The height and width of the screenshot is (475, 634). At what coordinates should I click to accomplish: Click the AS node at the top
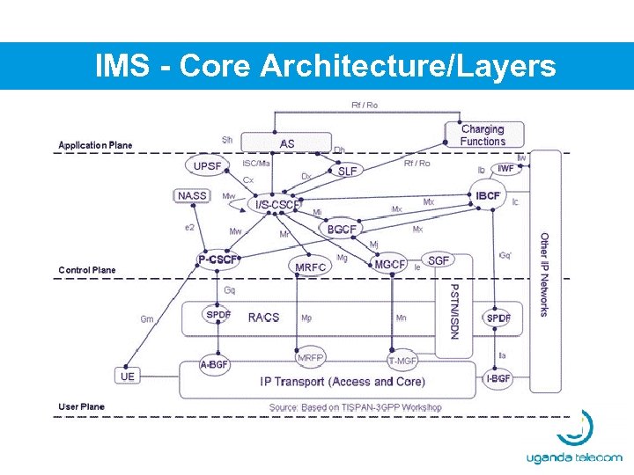(287, 143)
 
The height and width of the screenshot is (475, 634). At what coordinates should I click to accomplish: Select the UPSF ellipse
(209, 165)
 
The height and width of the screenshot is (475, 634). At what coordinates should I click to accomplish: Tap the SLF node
(348, 172)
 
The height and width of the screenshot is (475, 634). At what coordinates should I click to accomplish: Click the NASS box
(192, 195)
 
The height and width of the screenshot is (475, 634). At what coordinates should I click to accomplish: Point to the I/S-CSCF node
(276, 205)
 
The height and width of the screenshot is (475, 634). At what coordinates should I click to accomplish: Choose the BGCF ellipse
(342, 230)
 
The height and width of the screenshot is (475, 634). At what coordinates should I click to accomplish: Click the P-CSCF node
(217, 259)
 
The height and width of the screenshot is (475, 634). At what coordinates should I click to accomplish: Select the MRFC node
(310, 267)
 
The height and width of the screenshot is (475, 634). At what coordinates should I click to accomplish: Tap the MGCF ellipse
(390, 264)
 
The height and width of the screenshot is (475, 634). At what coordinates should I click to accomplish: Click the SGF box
(439, 260)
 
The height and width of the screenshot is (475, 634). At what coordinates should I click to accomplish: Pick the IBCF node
(488, 195)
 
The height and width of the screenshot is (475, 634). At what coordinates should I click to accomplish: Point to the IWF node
(505, 169)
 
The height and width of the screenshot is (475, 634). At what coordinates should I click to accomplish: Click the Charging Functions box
(483, 135)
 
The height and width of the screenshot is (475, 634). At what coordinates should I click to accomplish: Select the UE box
(128, 376)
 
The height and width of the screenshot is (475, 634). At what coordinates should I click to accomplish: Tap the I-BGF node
(498, 379)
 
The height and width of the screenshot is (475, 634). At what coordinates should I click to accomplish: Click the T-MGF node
(402, 361)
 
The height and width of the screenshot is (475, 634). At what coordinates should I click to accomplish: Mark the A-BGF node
(214, 364)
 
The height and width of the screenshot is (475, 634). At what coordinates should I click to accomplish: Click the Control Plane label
(86, 270)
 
